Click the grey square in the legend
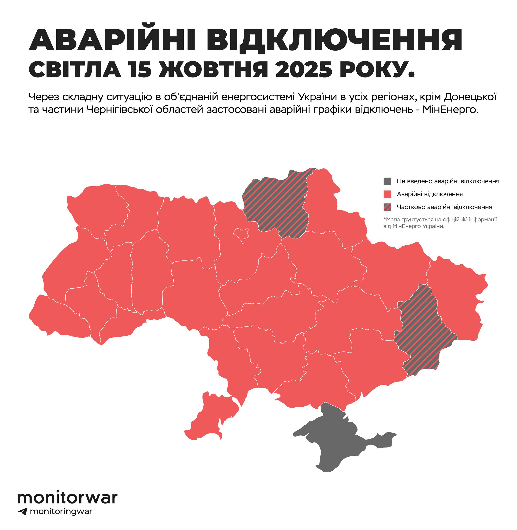(x=387, y=181)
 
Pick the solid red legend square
(x=387, y=194)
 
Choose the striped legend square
(x=387, y=207)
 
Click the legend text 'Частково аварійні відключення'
(x=444, y=207)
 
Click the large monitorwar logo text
(x=68, y=498)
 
